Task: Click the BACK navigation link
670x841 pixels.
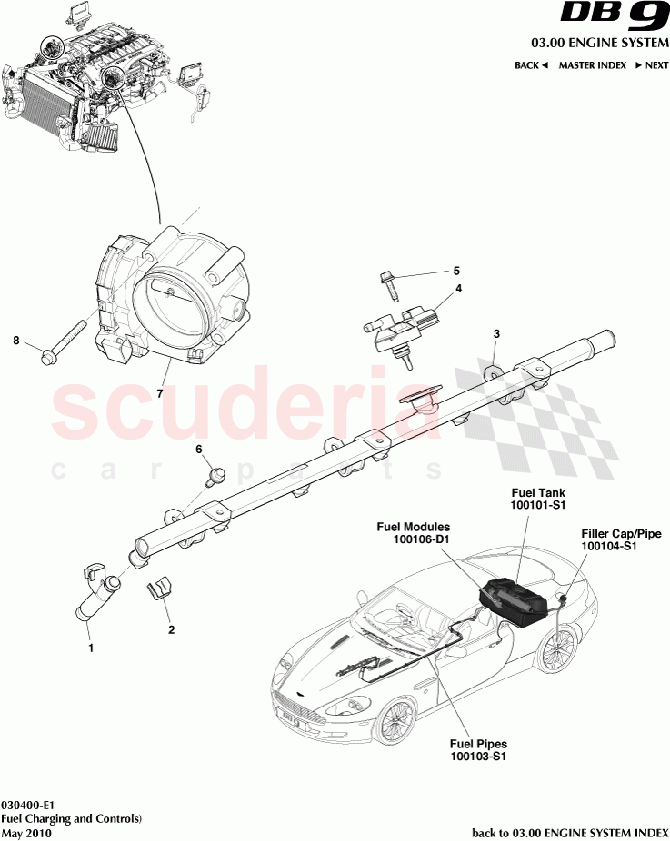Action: pyautogui.click(x=531, y=65)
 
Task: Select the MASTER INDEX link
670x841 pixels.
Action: pyautogui.click(x=592, y=65)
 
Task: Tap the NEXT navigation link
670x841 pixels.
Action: pyautogui.click(x=652, y=65)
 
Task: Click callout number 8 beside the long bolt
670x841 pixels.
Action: pyautogui.click(x=15, y=341)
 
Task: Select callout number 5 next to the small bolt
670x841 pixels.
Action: pyautogui.click(x=456, y=271)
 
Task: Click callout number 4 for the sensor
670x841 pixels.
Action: pyautogui.click(x=458, y=289)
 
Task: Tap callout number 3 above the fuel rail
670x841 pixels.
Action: pyautogui.click(x=495, y=334)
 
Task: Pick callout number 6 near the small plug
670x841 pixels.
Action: pyautogui.click(x=198, y=449)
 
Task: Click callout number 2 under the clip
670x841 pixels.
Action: pyautogui.click(x=169, y=628)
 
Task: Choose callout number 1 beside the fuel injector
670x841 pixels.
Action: pyautogui.click(x=89, y=648)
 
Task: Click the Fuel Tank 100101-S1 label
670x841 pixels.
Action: pyautogui.click(x=540, y=497)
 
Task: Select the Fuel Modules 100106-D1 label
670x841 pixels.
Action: pyautogui.click(x=415, y=532)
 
